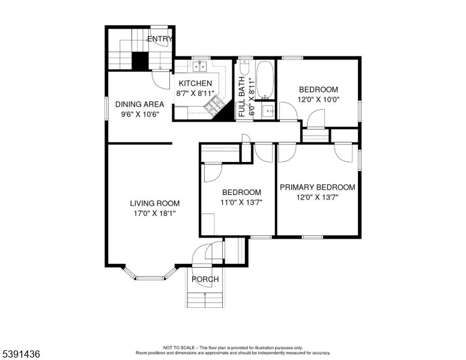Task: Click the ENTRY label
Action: [x=160, y=40]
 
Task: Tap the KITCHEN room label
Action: [x=194, y=83]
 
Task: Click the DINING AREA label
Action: [x=139, y=104]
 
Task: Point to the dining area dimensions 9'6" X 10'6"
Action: [x=139, y=115]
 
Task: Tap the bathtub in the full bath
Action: [x=265, y=81]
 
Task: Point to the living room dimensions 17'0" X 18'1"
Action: [x=155, y=214]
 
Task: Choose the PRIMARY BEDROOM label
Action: [x=318, y=187]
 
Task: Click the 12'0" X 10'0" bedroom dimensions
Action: [x=318, y=100]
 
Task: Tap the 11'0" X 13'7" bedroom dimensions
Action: [x=241, y=203]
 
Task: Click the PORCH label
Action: [x=205, y=280]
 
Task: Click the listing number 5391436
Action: [x=21, y=354]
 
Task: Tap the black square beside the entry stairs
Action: [x=140, y=61]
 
